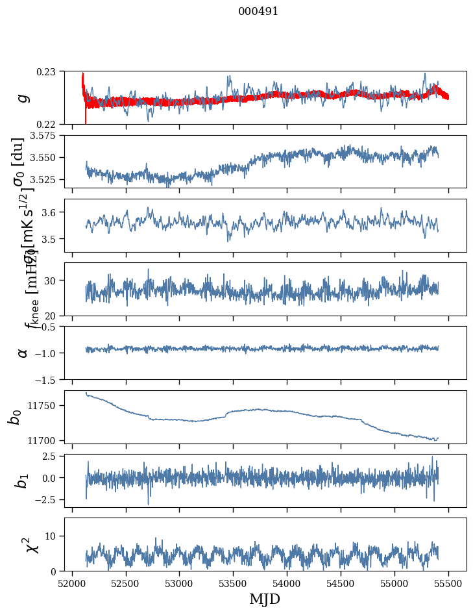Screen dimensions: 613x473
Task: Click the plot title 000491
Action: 258,12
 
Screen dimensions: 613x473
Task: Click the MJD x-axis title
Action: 265,599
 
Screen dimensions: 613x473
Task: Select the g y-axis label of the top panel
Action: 23,97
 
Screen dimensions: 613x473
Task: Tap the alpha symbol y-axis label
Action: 23,353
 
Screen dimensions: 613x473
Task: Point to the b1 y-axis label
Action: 22,480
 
